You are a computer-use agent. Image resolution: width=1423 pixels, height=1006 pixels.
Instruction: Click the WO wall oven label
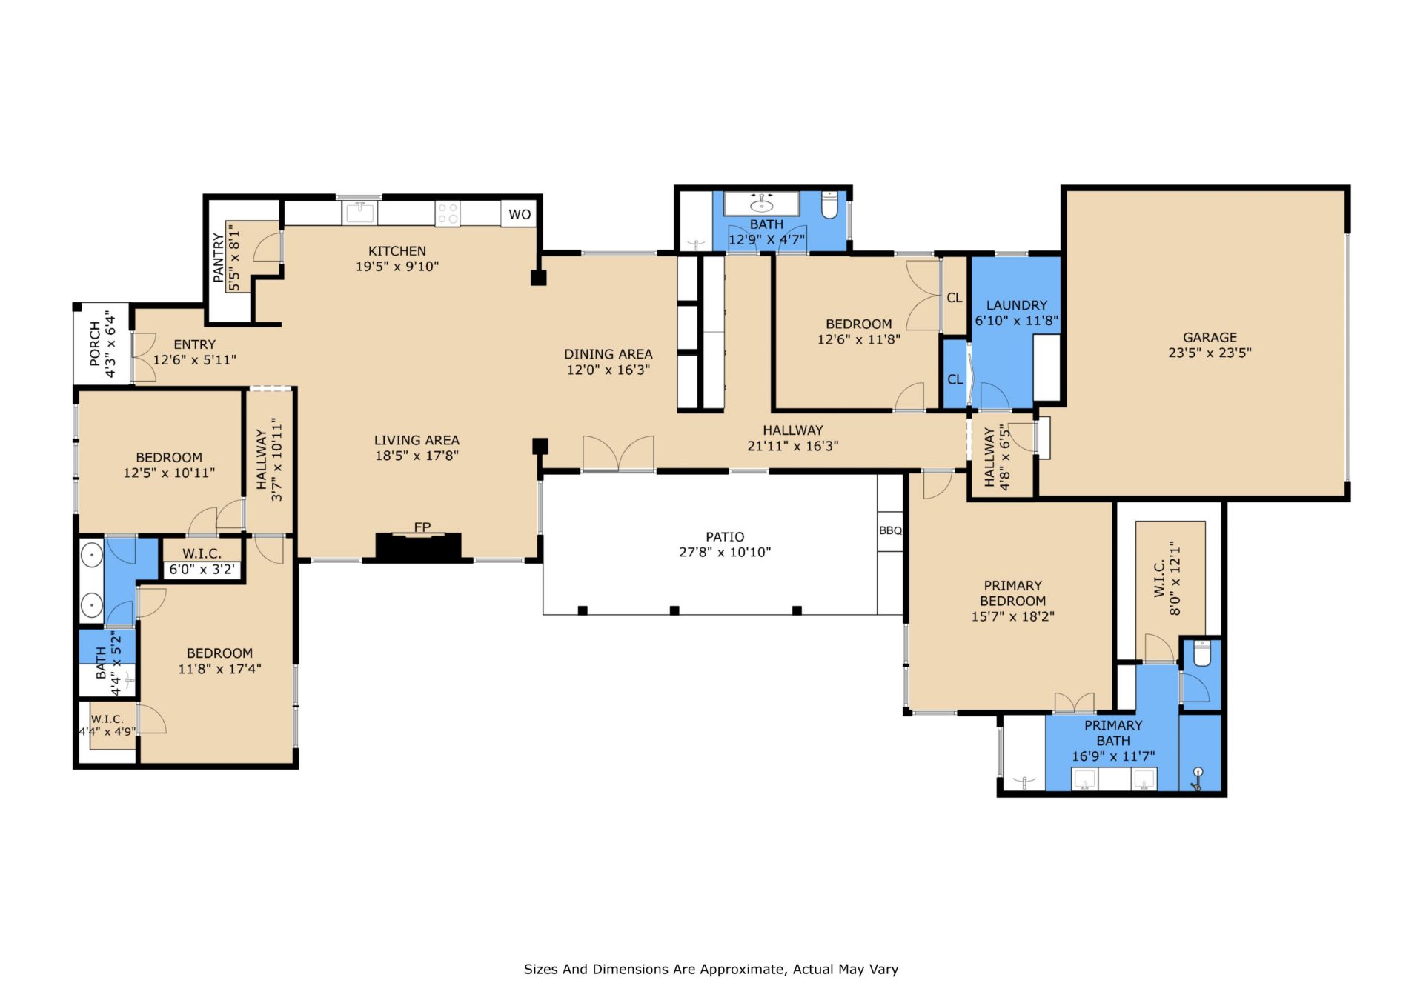tap(520, 214)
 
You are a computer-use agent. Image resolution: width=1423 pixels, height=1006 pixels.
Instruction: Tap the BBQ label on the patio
tap(890, 530)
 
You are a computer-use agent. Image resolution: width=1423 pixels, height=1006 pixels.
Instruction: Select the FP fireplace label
tap(422, 527)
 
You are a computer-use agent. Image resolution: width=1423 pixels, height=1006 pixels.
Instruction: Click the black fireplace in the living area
tap(418, 547)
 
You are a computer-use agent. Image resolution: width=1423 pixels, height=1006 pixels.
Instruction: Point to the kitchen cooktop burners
tap(448, 214)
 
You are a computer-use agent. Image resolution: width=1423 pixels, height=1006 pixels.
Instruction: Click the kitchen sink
tap(360, 213)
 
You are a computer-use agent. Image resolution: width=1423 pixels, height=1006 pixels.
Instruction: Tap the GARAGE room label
tap(1210, 337)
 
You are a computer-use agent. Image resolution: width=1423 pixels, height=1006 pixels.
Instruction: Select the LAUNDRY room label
tap(1017, 305)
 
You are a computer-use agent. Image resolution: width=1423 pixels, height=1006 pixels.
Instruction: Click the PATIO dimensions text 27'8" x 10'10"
tap(725, 552)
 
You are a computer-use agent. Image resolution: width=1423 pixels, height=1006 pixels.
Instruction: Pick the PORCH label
tap(95, 344)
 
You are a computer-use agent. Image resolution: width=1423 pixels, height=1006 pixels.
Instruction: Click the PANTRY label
tap(218, 258)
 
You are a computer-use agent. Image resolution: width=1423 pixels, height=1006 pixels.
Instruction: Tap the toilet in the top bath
tap(829, 205)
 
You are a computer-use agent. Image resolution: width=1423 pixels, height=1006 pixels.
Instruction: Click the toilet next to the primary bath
tap(1201, 653)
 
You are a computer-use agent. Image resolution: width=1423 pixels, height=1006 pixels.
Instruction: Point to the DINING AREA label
tap(608, 354)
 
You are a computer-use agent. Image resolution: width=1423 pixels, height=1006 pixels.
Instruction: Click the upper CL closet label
tap(955, 298)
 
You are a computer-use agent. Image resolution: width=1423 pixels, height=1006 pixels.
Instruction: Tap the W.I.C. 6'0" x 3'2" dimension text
tap(202, 570)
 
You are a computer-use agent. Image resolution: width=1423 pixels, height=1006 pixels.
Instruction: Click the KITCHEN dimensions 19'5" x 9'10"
tap(397, 266)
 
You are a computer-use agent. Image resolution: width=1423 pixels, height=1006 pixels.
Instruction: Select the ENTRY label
tap(195, 344)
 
